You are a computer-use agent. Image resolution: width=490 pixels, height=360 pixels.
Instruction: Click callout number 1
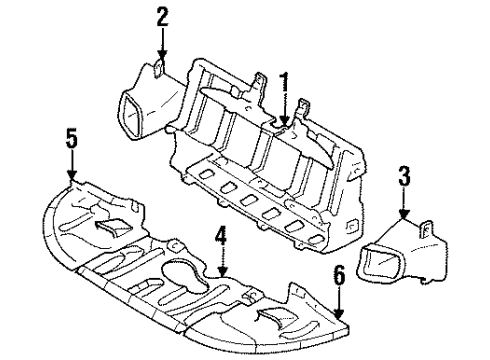[x=284, y=80]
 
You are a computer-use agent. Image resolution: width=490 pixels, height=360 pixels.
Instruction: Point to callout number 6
[x=339, y=273]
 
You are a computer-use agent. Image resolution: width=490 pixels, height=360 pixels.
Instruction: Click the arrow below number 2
[x=162, y=45]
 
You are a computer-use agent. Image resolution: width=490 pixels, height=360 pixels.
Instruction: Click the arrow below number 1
[x=284, y=108]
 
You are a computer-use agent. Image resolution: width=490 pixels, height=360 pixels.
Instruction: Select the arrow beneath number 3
[x=403, y=207]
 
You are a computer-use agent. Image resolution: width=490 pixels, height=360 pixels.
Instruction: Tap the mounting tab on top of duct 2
[x=161, y=69]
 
